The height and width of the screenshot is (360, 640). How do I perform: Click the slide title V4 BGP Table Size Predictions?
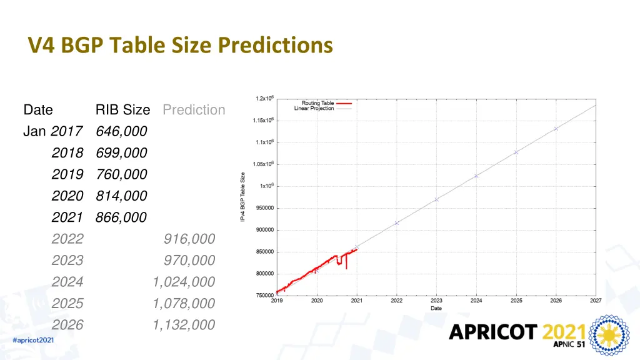[180, 46]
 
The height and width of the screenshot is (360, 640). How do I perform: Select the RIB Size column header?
[122, 110]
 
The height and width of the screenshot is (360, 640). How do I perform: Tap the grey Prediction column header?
[194, 110]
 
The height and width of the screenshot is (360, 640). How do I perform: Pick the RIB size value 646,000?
[121, 131]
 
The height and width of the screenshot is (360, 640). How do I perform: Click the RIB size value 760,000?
[121, 174]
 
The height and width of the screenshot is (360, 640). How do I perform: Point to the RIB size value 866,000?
[121, 217]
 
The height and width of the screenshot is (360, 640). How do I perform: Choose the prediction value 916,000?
[189, 239]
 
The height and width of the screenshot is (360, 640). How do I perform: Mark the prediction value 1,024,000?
[184, 282]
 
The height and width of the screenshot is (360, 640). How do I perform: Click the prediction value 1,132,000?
[184, 325]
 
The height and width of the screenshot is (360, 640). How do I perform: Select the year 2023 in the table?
[67, 261]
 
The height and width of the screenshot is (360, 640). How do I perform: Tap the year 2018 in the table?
[67, 153]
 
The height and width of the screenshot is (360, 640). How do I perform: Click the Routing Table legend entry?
[318, 103]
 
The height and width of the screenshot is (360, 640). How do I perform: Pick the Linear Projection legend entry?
[314, 109]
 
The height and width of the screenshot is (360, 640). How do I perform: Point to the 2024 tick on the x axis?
[476, 301]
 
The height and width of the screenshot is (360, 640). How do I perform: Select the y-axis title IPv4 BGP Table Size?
[243, 197]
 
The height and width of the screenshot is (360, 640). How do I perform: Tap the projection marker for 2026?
[556, 129]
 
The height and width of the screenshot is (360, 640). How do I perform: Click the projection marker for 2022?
[396, 223]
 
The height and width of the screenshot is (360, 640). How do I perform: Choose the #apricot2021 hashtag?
[33, 340]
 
